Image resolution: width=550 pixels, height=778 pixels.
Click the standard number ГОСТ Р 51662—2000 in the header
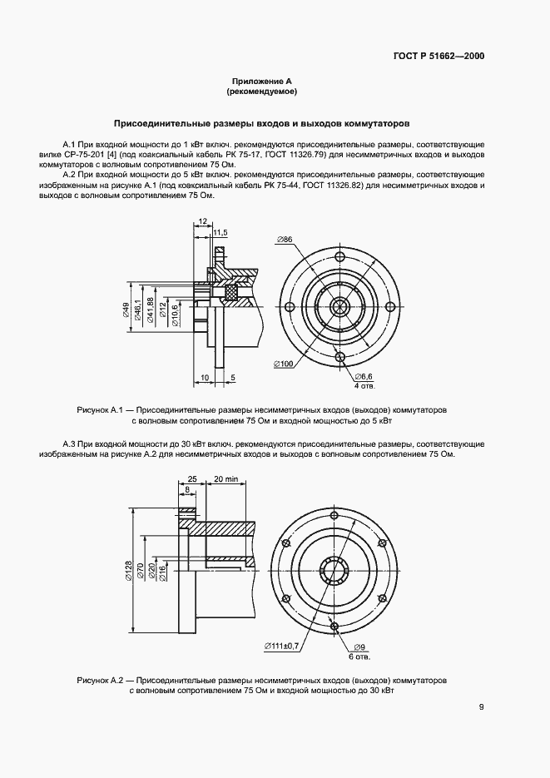[439, 57]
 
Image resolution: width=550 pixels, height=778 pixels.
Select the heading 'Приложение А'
[261, 82]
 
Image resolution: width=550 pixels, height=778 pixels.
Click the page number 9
[481, 708]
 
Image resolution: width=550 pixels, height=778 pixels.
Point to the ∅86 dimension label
[285, 240]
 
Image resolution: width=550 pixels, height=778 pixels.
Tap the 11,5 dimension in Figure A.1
[220, 232]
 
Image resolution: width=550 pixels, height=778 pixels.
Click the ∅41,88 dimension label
[150, 310]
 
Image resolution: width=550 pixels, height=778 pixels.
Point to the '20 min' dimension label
[225, 480]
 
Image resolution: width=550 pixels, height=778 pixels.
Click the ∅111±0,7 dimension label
[285, 646]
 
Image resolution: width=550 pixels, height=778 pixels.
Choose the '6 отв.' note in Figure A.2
[360, 657]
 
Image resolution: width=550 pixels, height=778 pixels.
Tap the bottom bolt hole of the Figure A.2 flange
[334, 625]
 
